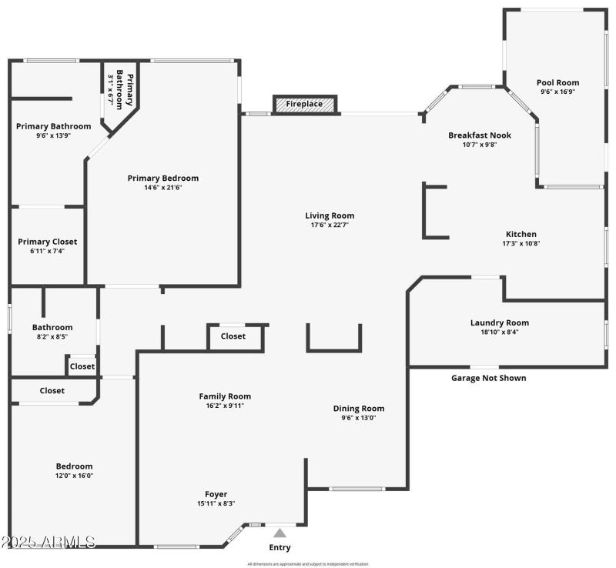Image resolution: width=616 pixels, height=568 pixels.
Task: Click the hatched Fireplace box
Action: [305, 104]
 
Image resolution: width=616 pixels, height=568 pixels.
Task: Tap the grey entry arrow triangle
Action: [280, 533]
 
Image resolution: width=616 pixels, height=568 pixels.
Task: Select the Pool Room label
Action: [557, 82]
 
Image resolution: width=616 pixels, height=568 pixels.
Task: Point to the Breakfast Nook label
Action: [480, 135]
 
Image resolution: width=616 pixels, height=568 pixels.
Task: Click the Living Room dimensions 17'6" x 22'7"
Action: [330, 226]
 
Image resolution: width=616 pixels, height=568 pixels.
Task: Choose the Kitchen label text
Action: [521, 234]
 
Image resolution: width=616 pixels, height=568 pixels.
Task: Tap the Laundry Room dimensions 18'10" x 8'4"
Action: [500, 332]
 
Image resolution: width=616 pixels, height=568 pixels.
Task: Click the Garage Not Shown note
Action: [488, 378]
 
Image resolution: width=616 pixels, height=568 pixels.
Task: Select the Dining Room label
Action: [358, 409]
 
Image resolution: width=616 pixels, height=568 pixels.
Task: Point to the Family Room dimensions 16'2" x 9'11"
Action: [225, 406]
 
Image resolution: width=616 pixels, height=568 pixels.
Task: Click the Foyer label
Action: [216, 494]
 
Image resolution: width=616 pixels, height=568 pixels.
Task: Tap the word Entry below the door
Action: [280, 547]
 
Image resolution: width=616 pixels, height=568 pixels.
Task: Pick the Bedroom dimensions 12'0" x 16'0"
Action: [74, 476]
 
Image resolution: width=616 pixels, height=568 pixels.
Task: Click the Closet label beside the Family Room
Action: [233, 336]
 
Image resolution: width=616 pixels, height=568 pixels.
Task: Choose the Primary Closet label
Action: [48, 242]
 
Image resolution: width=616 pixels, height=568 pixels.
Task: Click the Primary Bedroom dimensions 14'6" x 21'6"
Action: [162, 187]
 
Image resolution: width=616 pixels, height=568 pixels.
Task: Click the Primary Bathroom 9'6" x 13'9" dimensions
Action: [53, 135]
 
